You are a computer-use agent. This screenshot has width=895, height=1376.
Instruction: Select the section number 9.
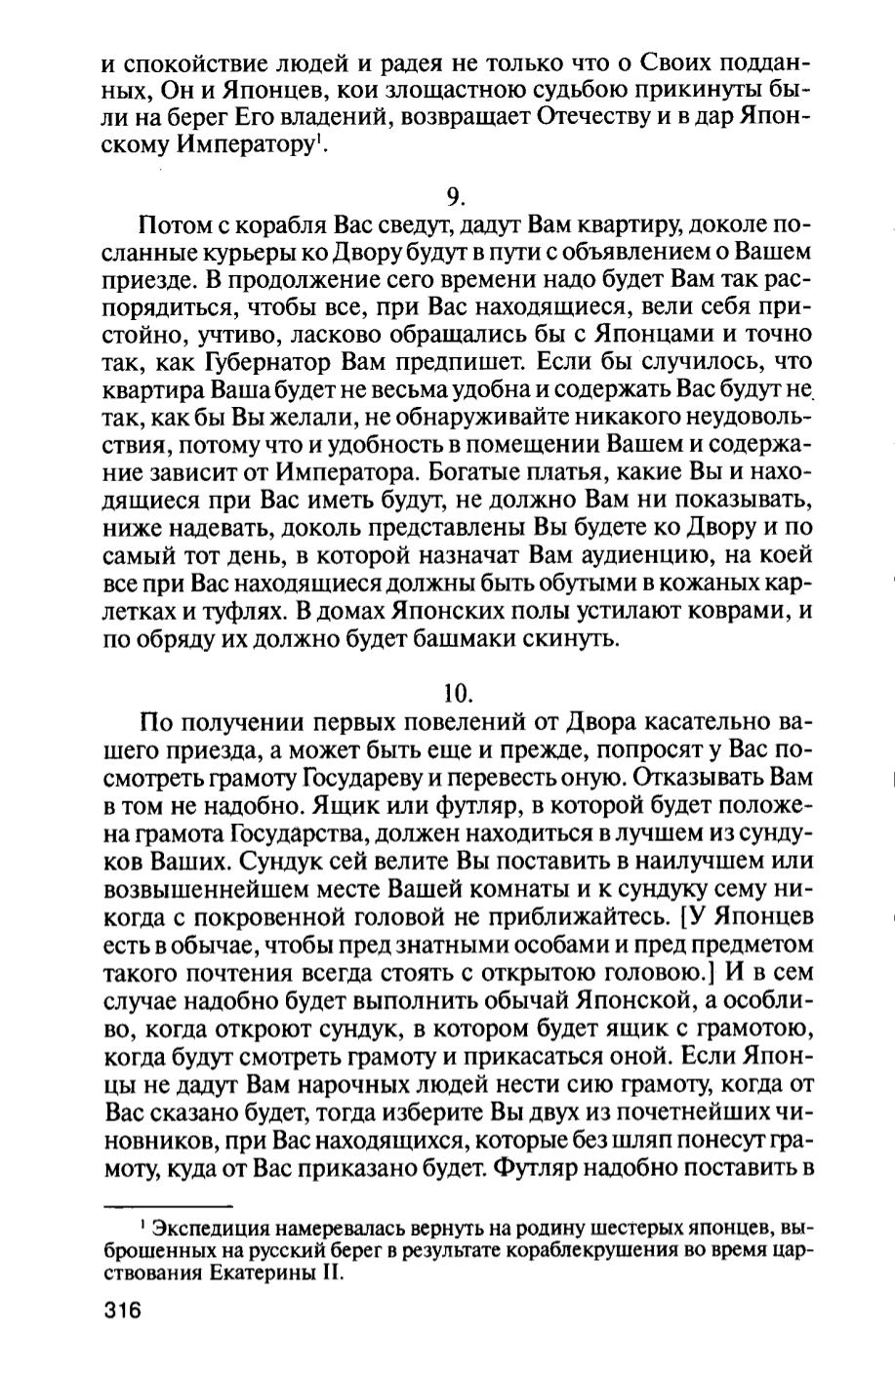(455, 197)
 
